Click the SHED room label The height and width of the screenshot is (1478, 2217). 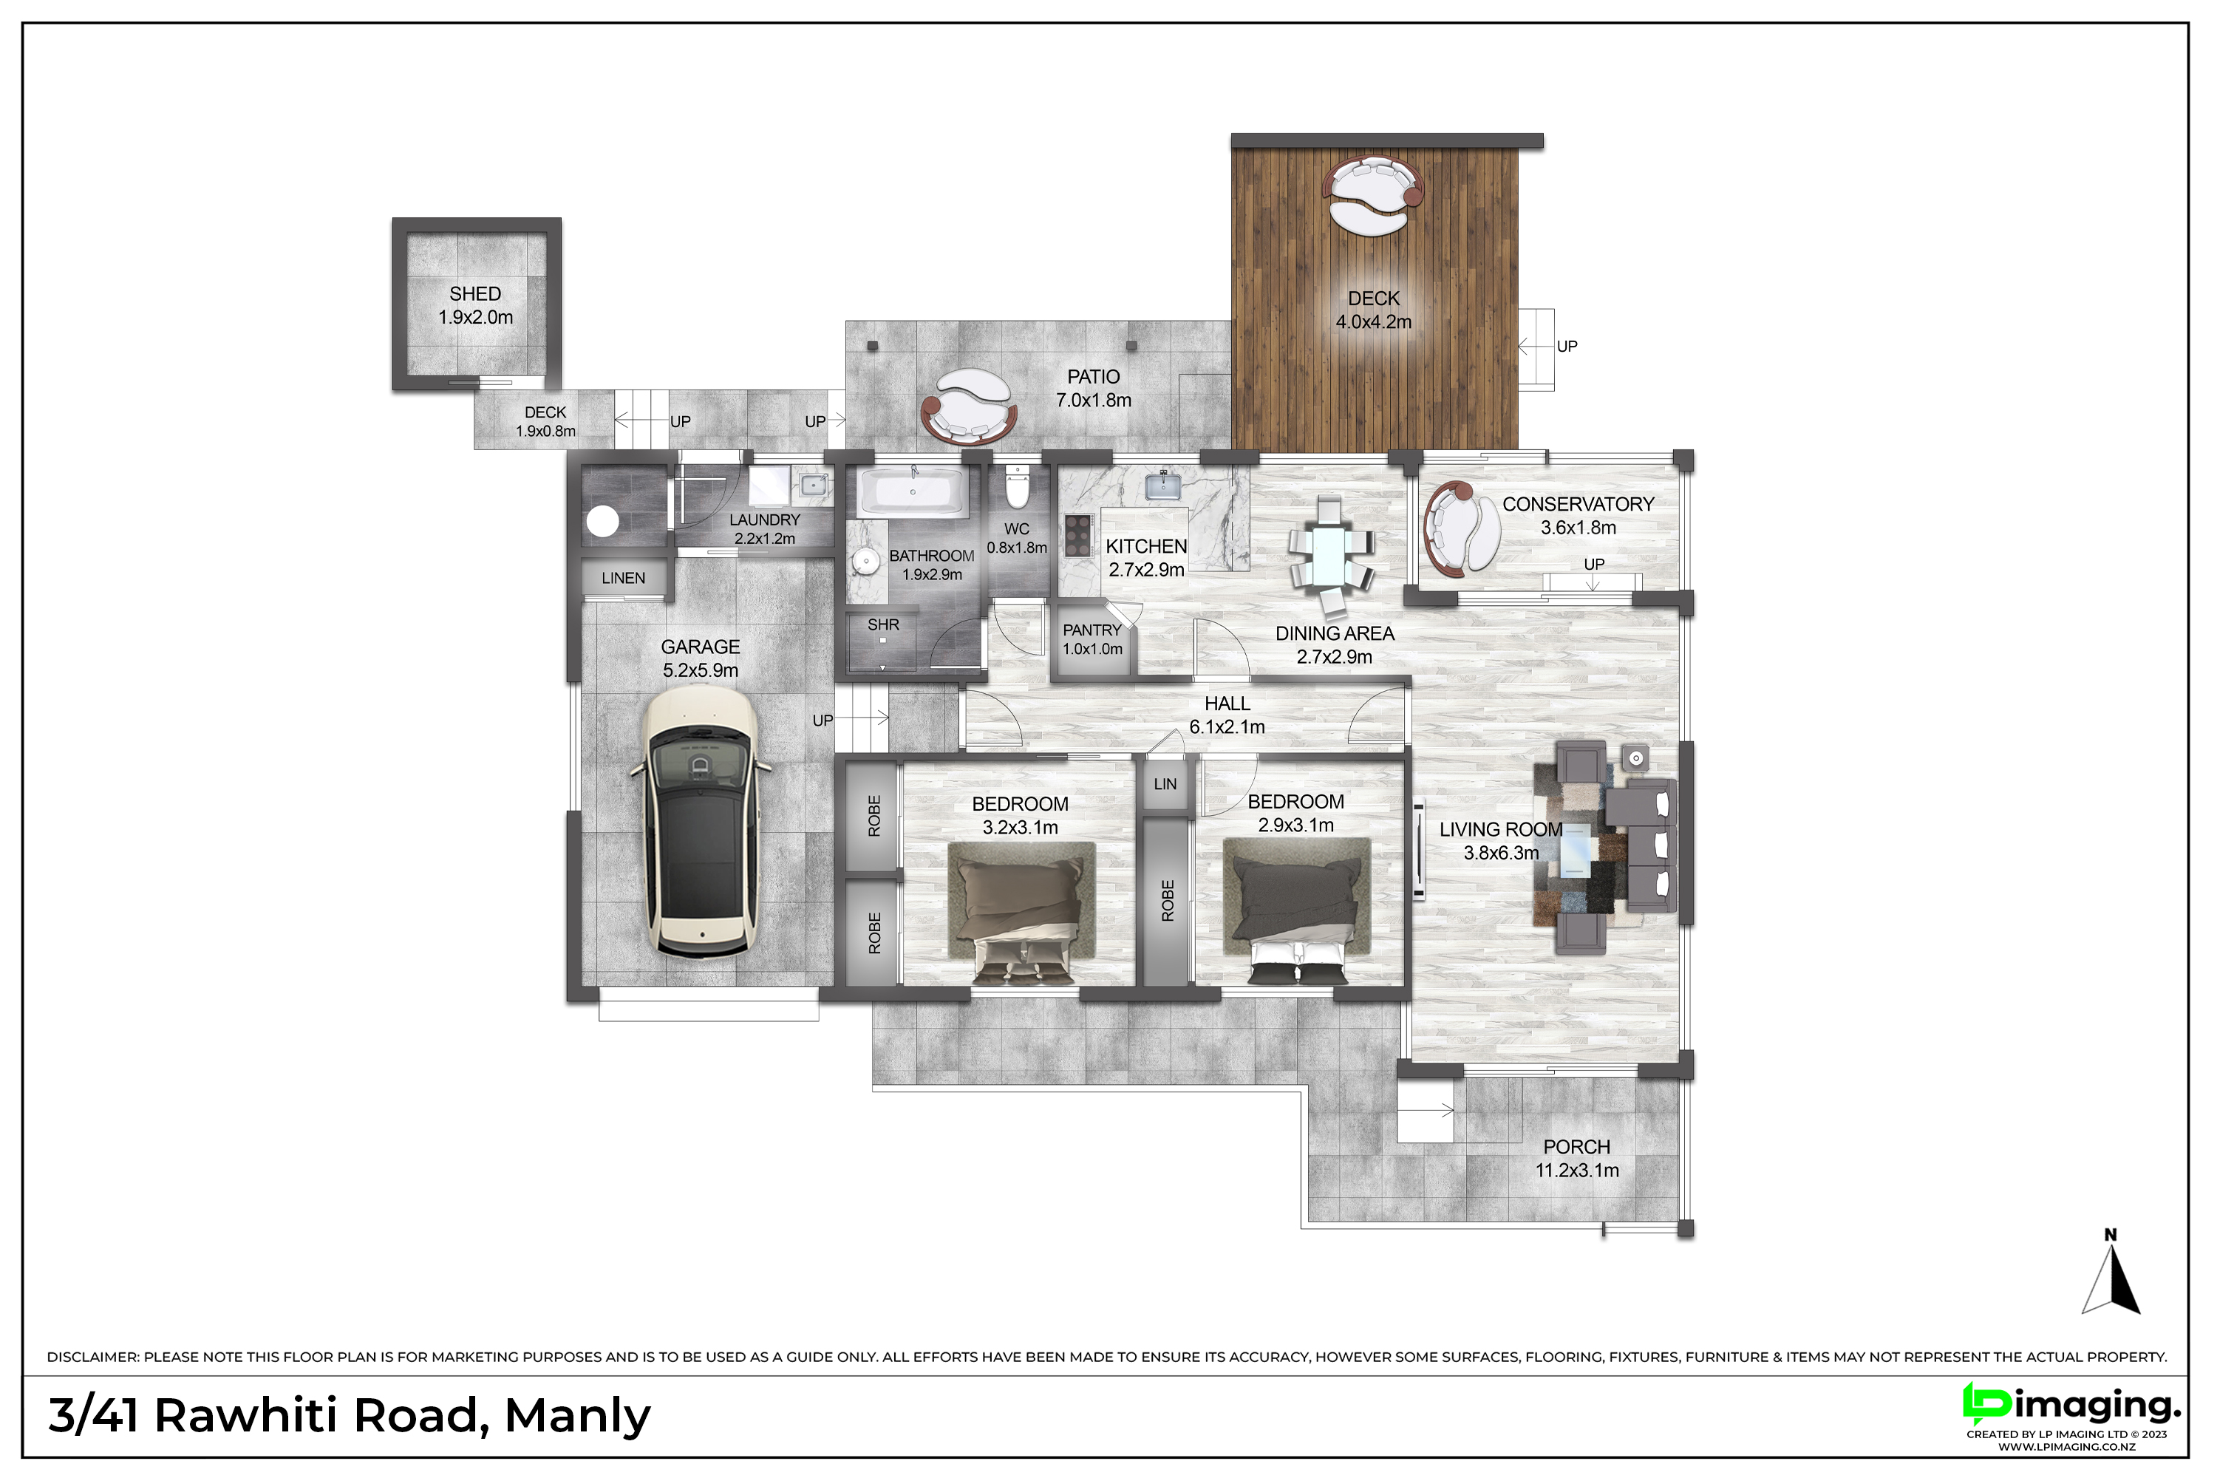[475, 294]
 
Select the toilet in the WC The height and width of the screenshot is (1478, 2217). [1017, 486]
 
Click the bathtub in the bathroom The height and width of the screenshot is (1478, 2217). [913, 491]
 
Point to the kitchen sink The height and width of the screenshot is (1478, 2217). [1163, 486]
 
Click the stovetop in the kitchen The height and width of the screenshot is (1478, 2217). [1078, 535]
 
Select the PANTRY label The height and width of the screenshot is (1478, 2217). [1092, 630]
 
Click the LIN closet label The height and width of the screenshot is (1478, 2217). [1165, 784]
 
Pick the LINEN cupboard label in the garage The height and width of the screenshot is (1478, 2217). [623, 578]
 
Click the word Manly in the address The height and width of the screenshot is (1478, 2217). [577, 1416]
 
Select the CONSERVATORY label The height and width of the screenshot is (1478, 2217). [1578, 504]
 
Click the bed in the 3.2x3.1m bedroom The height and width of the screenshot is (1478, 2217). [1021, 913]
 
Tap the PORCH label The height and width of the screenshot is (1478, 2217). [1577, 1147]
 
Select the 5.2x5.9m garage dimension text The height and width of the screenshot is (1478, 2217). [701, 670]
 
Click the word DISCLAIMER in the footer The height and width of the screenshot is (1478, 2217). [92, 1358]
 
